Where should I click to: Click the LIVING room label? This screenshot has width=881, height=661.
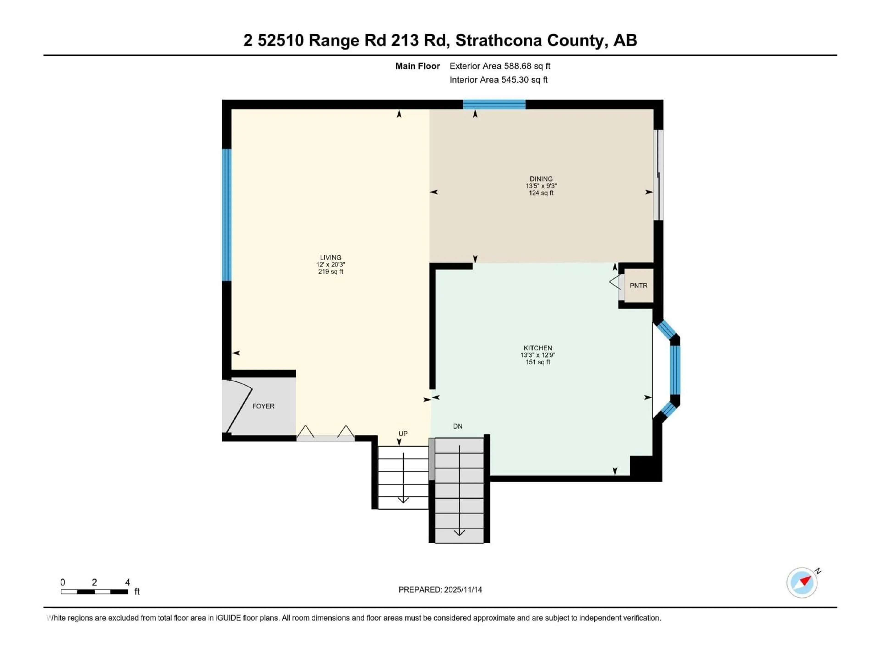(331, 257)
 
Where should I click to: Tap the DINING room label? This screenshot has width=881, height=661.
(541, 179)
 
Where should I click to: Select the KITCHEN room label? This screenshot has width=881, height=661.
(538, 348)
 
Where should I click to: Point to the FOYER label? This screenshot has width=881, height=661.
(263, 406)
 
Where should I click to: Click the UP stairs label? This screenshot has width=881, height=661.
(403, 434)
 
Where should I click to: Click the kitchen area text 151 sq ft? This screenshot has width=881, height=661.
(538, 362)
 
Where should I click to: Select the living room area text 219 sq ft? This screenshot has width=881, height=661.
(331, 272)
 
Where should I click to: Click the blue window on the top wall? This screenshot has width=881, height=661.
(494, 104)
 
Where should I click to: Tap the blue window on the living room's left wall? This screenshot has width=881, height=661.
(227, 215)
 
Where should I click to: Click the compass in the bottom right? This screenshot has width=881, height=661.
(802, 583)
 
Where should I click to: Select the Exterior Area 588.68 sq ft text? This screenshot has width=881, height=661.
(500, 66)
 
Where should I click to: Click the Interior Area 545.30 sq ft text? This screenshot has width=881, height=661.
(498, 80)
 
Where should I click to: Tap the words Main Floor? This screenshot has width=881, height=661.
(417, 66)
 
